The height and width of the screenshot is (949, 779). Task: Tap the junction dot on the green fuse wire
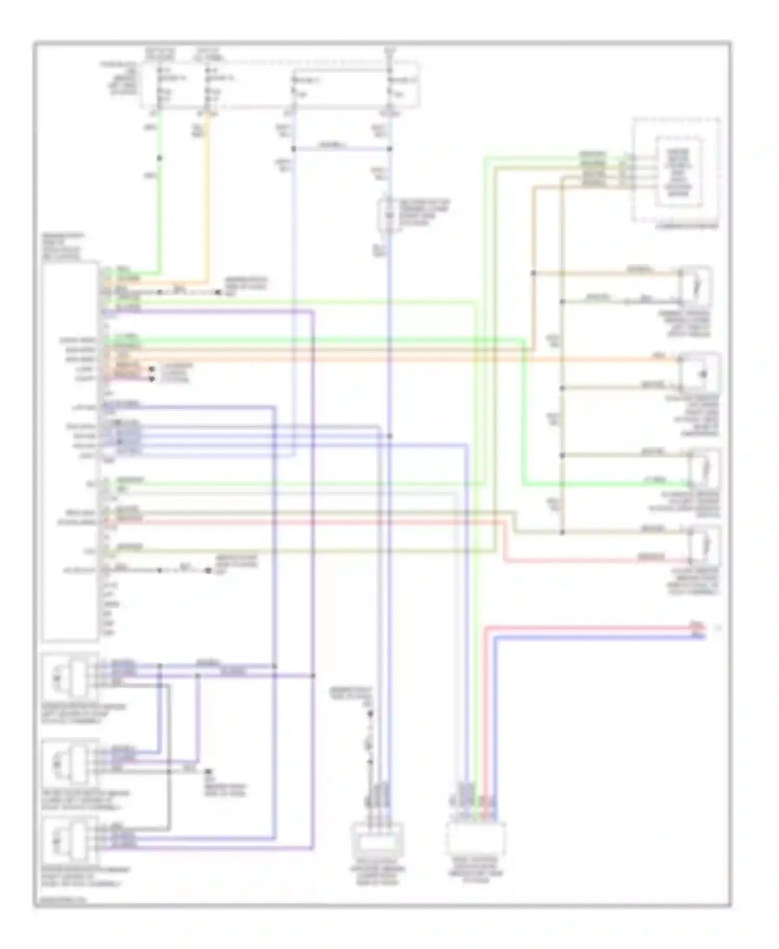159,158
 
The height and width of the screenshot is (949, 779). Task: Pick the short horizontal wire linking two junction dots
341,149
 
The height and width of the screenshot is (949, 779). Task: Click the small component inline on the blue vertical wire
389,214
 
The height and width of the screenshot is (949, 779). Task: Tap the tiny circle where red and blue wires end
718,628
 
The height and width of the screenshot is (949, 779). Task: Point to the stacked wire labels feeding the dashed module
593,169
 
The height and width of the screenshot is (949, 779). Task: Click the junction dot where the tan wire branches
533,273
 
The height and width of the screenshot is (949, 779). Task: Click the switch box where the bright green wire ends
704,469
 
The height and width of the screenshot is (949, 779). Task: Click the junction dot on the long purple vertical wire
313,675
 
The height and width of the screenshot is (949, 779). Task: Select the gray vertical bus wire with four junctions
561,415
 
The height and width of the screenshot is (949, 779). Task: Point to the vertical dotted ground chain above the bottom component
370,737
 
